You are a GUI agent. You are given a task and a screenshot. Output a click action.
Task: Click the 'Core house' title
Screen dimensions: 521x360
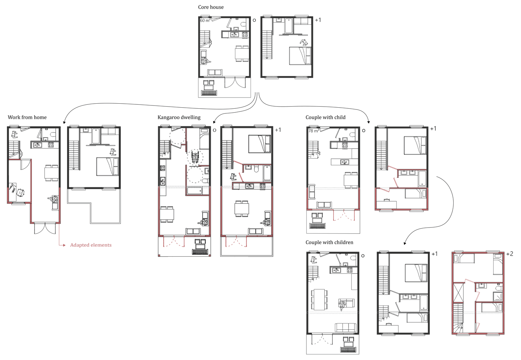(211, 7)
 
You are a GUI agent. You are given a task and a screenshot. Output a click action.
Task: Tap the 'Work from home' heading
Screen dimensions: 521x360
(27, 117)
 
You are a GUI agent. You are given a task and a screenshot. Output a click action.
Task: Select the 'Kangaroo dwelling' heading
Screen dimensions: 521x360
(179, 117)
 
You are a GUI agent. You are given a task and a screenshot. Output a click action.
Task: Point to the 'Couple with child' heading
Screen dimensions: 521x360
(325, 117)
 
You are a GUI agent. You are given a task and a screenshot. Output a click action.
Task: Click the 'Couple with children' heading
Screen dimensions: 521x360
(329, 242)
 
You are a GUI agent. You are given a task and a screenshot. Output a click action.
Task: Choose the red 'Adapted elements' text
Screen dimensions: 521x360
(91, 245)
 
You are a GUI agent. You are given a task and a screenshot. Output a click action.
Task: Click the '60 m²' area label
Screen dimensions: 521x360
(205, 21)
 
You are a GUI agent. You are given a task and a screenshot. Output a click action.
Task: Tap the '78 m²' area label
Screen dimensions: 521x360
(314, 131)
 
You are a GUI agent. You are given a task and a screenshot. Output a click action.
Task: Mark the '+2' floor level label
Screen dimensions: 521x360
(509, 254)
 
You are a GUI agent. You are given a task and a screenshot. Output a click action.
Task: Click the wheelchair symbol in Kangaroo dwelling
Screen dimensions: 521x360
(195, 157)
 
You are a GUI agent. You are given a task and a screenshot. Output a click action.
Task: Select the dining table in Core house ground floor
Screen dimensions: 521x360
(242, 54)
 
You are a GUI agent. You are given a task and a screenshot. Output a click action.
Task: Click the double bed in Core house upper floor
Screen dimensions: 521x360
(300, 56)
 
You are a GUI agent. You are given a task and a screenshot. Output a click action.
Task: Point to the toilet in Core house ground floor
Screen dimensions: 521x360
(244, 24)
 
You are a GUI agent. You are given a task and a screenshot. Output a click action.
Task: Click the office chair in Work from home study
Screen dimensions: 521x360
(20, 193)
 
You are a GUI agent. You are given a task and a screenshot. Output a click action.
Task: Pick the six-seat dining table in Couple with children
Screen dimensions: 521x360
(319, 300)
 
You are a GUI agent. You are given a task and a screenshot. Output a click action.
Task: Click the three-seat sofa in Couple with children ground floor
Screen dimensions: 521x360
(345, 328)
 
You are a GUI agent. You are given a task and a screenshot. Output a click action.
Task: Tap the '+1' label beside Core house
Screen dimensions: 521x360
(318, 20)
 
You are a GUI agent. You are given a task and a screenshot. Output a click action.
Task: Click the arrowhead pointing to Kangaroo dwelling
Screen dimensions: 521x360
(214, 122)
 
